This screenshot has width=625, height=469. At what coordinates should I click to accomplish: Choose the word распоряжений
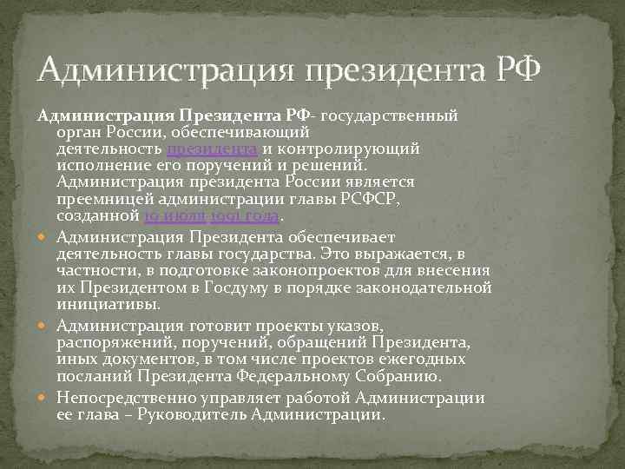click(118, 342)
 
